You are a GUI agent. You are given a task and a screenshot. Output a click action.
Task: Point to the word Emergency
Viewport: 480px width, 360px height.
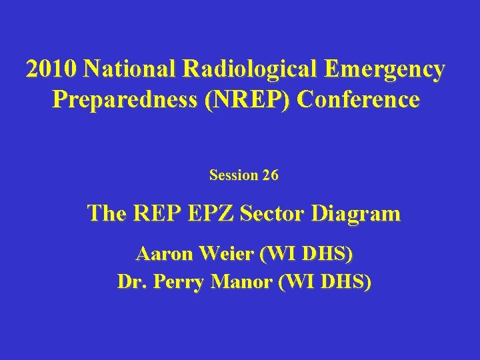pyautogui.click(x=386, y=69)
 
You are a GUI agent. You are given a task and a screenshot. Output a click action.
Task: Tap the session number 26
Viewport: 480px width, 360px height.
pyautogui.click(x=271, y=175)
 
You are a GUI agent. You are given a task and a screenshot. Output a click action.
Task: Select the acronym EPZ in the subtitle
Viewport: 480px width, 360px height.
pyautogui.click(x=210, y=213)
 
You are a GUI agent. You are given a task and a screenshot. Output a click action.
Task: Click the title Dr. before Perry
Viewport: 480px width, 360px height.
pyautogui.click(x=132, y=282)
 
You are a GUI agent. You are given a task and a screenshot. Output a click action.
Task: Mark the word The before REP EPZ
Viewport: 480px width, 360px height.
pyautogui.click(x=106, y=213)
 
